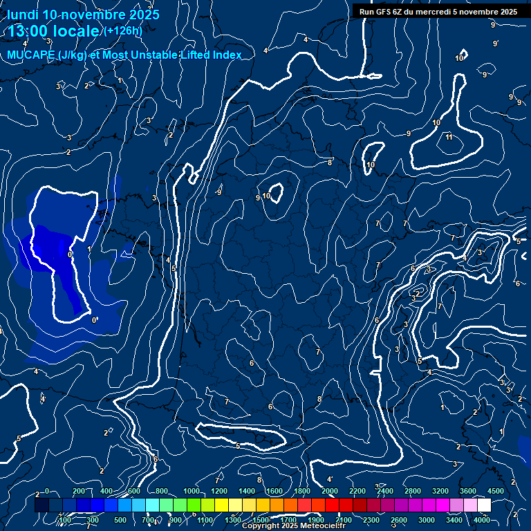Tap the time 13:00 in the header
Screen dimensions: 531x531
pos(30,32)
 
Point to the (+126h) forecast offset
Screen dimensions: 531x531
pos(123,30)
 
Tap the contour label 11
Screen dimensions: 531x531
pos(449,137)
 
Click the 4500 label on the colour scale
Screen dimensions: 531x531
pos(495,491)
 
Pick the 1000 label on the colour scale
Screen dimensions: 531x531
pos(191,491)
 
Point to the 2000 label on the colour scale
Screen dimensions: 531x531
pos(330,491)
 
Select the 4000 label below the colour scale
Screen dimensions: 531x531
pos(482,520)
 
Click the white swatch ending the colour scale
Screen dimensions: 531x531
pos(483,505)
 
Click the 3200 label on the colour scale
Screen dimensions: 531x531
pos(440,491)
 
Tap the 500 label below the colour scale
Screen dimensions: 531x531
pos(120,520)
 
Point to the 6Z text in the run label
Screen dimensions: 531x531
pos(400,12)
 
